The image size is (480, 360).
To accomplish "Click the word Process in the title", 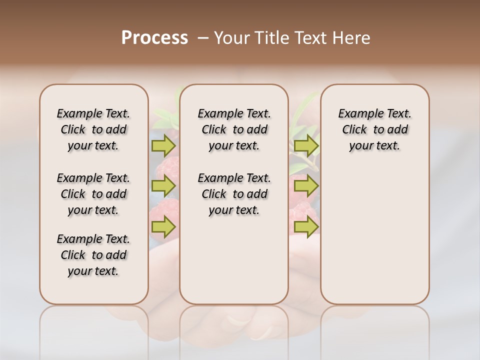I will tap(154, 37).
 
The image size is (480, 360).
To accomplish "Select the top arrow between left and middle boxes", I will tap(163, 145).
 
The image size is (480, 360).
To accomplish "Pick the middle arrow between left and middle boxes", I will tap(163, 186).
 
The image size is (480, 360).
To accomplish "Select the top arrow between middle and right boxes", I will tap(306, 145).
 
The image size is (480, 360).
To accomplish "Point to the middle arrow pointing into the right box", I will tap(306, 186).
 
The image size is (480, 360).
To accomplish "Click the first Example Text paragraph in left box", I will tap(93, 129).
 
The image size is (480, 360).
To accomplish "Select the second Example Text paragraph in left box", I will tap(93, 194).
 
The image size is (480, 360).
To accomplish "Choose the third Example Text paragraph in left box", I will tap(93, 255).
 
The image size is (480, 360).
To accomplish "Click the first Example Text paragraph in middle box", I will tap(234, 129).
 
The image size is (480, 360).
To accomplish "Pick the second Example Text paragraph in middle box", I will tap(234, 194).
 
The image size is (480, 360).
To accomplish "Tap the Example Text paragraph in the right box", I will tap(375, 129).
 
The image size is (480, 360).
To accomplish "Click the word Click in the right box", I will tap(354, 130).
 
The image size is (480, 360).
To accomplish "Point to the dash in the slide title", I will tap(203, 38).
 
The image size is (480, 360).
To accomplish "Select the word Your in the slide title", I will tap(230, 37).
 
